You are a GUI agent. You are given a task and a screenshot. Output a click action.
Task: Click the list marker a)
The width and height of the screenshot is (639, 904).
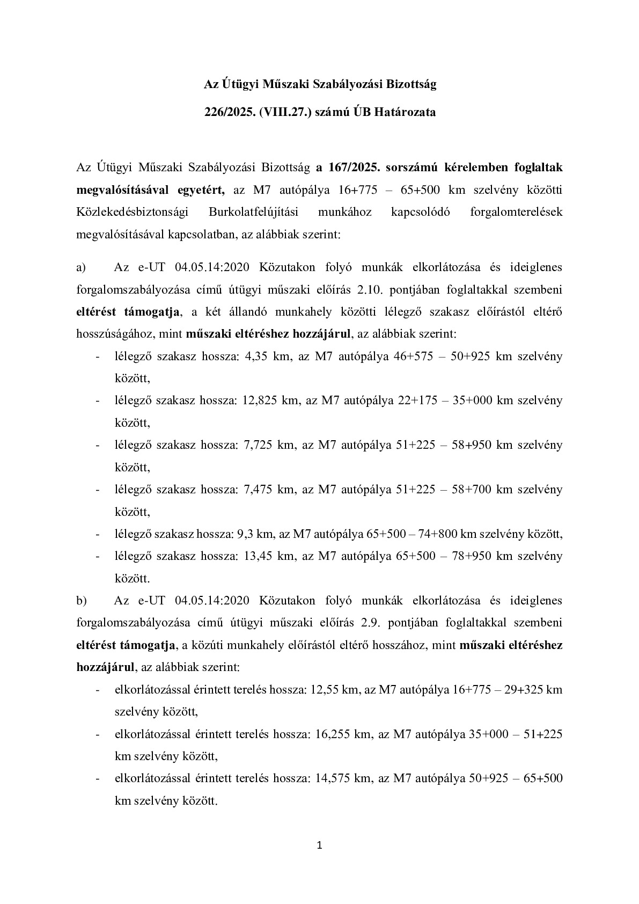82,267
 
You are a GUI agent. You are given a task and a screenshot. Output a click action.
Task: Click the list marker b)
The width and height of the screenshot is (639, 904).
82,600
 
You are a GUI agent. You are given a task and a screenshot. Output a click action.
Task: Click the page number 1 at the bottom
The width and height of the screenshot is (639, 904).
320,847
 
